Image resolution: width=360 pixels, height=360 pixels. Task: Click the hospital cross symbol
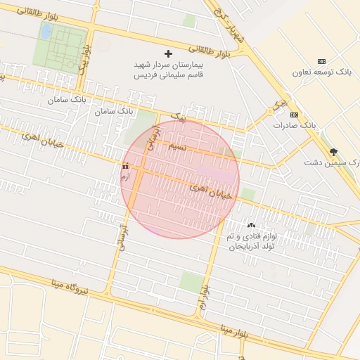coord(167,53)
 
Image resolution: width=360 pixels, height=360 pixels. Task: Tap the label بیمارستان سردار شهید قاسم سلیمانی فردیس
coord(167,70)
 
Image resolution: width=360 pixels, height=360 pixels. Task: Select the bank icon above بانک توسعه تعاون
coord(322,62)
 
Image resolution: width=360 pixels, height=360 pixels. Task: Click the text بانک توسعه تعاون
coord(323,72)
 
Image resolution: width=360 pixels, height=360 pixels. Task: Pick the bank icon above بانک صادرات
coord(294,115)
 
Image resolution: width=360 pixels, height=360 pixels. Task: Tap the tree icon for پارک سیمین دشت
coord(333,152)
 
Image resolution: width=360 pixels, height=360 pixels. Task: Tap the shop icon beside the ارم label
coord(126,167)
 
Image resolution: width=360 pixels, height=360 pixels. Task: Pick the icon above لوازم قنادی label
coord(251,225)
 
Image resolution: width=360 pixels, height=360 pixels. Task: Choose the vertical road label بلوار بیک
coord(84,60)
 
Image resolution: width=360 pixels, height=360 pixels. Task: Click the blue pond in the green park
coord(46,32)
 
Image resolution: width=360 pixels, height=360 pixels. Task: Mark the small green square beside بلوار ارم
coord(191,282)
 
